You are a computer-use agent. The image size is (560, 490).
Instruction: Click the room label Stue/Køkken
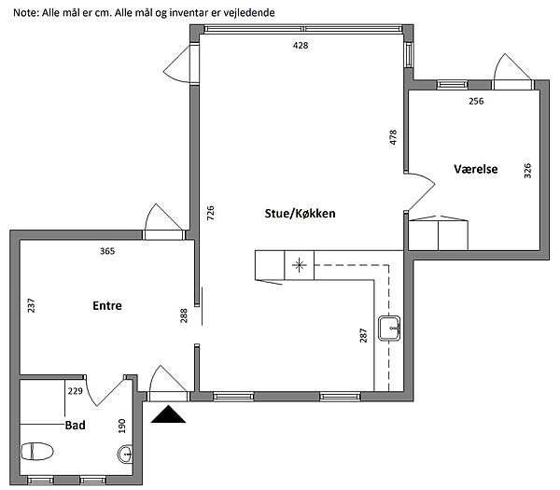pyautogui.click(x=300, y=213)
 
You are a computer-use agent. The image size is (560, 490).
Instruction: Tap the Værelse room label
pyautogui.click(x=476, y=169)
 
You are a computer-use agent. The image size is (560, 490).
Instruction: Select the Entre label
pyautogui.click(x=107, y=305)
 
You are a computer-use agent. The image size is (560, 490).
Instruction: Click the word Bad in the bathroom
pyautogui.click(x=75, y=425)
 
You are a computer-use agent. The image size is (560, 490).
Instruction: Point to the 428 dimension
pyautogui.click(x=301, y=46)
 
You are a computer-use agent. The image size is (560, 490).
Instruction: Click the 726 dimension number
pyautogui.click(x=211, y=213)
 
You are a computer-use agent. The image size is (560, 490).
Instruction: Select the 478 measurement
pyautogui.click(x=393, y=137)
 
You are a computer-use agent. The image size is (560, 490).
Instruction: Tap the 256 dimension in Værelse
pyautogui.click(x=476, y=101)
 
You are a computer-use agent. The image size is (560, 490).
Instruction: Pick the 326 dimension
pyautogui.click(x=527, y=171)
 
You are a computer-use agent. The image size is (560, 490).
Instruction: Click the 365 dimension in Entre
pyautogui.click(x=107, y=251)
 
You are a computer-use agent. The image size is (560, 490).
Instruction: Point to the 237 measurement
pyautogui.click(x=32, y=305)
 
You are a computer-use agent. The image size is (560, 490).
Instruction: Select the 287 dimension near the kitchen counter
pyautogui.click(x=363, y=335)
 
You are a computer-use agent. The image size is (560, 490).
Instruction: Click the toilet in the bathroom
pyautogui.click(x=37, y=451)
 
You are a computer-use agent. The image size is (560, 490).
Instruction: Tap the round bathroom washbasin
pyautogui.click(x=125, y=455)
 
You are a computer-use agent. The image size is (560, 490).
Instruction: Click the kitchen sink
pyautogui.click(x=389, y=329)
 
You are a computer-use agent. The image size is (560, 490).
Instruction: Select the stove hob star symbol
pyautogui.click(x=299, y=265)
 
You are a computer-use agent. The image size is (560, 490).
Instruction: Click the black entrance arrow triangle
pyautogui.click(x=168, y=414)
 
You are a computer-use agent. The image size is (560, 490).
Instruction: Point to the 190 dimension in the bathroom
pyautogui.click(x=122, y=427)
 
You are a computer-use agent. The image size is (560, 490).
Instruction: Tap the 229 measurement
pyautogui.click(x=75, y=391)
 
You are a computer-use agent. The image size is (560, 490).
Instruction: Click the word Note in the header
pyautogui.click(x=25, y=13)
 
